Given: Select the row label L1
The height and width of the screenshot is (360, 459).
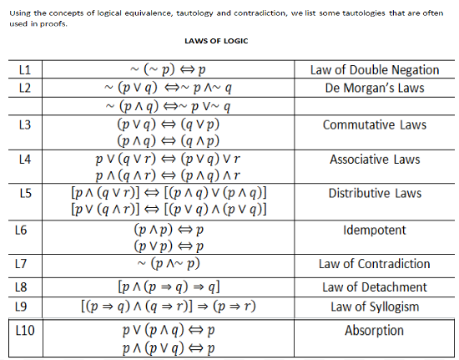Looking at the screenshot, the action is pos(24,70).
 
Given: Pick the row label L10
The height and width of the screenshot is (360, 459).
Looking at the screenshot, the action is pos(27,330).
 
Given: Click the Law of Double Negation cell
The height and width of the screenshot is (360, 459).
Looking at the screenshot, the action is pos(374,70).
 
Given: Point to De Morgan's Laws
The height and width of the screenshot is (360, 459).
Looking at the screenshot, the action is pos(374,88).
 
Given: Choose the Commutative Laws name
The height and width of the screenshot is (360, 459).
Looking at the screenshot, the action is pos(375,124).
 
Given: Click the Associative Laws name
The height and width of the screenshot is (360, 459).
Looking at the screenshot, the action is pos(375,159).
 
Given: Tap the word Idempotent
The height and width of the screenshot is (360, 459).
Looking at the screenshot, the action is pos(375,230).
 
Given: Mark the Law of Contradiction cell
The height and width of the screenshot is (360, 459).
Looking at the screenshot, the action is pos(375,265).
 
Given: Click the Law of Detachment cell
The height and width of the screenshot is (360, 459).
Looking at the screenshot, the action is pos(375,287).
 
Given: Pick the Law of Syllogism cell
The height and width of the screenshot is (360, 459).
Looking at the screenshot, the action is pos(375,306).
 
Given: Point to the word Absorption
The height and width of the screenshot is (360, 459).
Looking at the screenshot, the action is pos(375,330).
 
